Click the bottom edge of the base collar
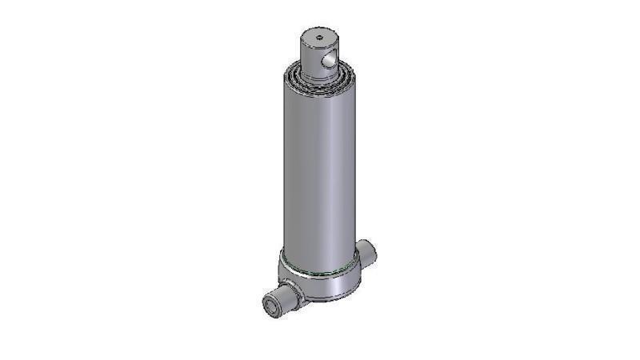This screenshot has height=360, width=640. click(328, 301)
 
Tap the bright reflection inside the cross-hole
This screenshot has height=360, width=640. click(329, 60)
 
